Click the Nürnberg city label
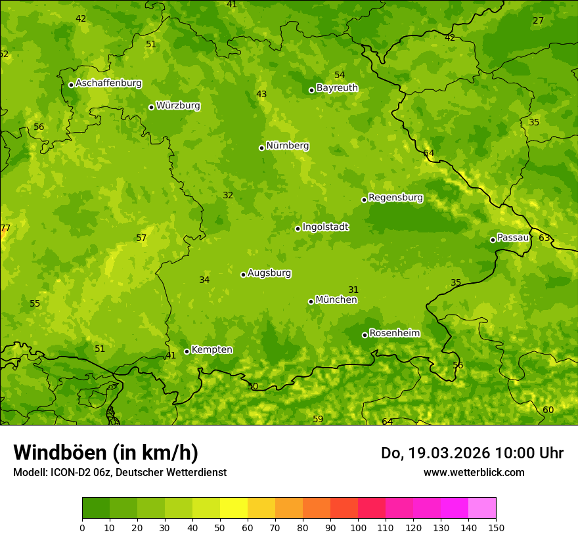pyautogui.click(x=287, y=146)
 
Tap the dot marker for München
pyautogui.click(x=311, y=301)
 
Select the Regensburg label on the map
pyautogui.click(x=395, y=198)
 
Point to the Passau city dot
pyautogui.click(x=493, y=240)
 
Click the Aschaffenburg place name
pyautogui.click(x=108, y=83)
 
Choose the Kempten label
pyautogui.click(x=211, y=350)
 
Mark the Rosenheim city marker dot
pyautogui.click(x=365, y=335)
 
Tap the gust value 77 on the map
pyautogui.click(x=5, y=229)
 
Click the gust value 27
pyautogui.click(x=538, y=20)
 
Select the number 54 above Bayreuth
pyautogui.click(x=340, y=75)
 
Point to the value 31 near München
pyautogui.click(x=353, y=290)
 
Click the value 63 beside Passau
pyautogui.click(x=544, y=238)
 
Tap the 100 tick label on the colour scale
pyautogui.click(x=358, y=527)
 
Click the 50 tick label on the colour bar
pyautogui.click(x=220, y=527)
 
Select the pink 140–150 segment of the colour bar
pyautogui.click(x=482, y=508)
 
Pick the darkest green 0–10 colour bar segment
pyautogui.click(x=96, y=508)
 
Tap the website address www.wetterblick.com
pyautogui.click(x=474, y=472)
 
